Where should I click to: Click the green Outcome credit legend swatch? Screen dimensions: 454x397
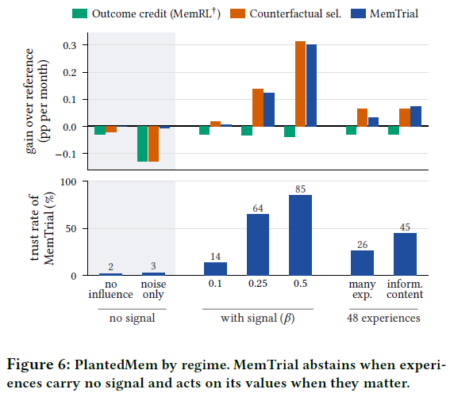coord(79,13)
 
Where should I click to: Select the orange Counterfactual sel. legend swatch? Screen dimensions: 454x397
coord(237,13)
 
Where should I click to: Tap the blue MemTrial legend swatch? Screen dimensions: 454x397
coord(358,13)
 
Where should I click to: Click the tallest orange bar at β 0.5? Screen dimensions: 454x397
coord(300,84)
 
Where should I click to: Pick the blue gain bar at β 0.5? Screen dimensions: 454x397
coord(312,86)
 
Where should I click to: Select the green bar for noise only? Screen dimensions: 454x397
coord(142,143)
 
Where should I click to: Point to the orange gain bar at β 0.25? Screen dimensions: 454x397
coord(258,108)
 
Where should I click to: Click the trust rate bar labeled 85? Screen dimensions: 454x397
coord(300,235)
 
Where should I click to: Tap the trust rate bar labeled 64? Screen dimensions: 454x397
coord(258,245)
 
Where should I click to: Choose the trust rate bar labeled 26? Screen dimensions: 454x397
coord(362,263)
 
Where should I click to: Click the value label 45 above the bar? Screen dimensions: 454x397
coord(405,227)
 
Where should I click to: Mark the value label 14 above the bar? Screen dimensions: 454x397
coord(215,257)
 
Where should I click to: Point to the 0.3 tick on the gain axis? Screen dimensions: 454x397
coord(70,45)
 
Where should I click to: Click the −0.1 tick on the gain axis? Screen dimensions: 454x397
coord(66,154)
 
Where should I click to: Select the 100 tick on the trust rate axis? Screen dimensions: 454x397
coord(68,182)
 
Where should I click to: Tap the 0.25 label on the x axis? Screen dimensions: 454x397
coord(258,284)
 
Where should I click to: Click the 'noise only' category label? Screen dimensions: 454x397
coord(153,289)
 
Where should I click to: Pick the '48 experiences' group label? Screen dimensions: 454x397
coord(383,318)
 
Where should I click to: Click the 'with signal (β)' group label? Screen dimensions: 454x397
coord(258,319)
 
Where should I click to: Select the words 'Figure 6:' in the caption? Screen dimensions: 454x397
coord(39,365)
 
